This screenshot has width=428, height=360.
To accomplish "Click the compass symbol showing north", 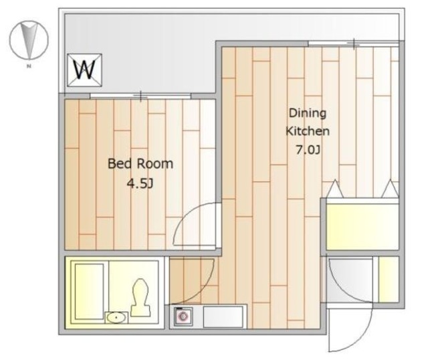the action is click(29, 40).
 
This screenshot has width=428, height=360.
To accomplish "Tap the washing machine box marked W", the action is click(85, 70).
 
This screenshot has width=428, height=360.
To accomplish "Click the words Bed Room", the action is click(140, 164).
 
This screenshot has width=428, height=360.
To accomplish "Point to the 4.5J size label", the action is click(140, 183).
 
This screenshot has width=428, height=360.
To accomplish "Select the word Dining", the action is click(308, 113).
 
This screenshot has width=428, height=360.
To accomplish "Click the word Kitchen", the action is click(308, 131).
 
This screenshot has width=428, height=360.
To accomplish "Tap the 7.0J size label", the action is click(308, 150).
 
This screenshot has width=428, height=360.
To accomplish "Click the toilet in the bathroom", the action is click(140, 298).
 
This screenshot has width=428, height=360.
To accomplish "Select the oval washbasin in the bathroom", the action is click(116, 318).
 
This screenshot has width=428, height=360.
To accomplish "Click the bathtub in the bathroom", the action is click(89, 292).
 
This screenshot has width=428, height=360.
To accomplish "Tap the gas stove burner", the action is click(183, 317).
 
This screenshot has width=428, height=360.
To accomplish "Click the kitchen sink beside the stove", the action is click(223, 317).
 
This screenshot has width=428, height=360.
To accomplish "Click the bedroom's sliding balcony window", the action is click(140, 96).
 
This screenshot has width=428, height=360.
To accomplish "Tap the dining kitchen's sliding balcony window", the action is click(354, 43).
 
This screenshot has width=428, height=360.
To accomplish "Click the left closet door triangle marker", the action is click(335, 189).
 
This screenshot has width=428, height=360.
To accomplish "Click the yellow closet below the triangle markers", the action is click(362, 226).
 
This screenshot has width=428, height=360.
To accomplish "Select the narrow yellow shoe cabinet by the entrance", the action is click(389, 280).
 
